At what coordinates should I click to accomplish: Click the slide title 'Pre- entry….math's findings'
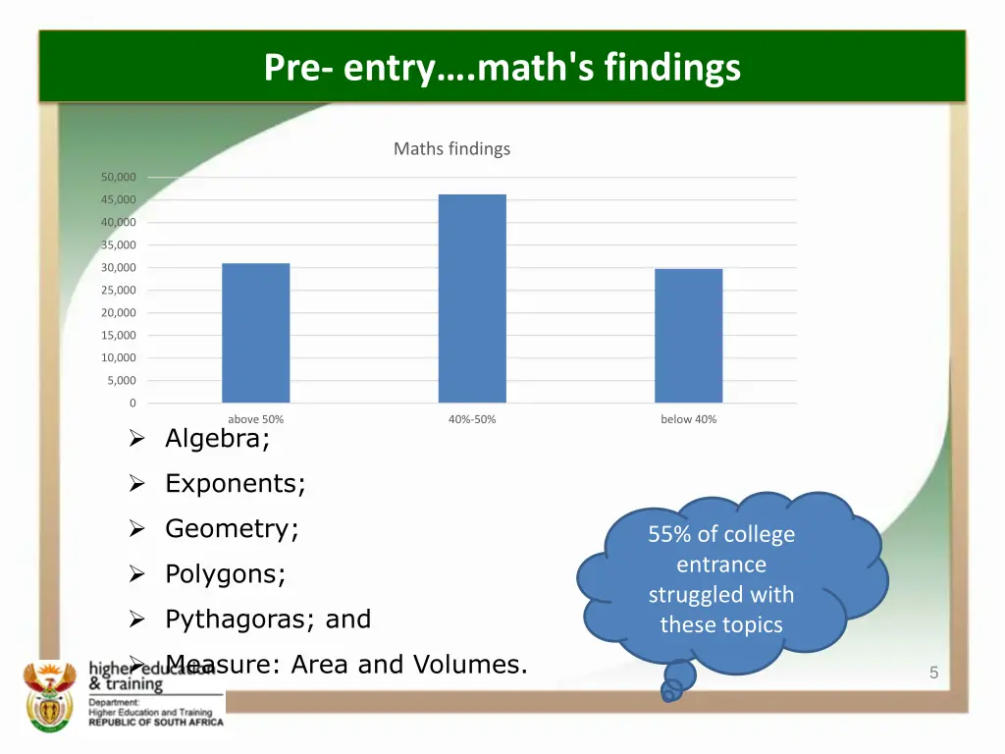(502, 68)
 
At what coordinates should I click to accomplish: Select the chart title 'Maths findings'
(451, 149)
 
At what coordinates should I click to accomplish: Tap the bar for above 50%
(256, 333)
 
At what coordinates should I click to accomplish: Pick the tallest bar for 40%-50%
(472, 298)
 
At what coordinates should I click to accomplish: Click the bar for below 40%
(688, 336)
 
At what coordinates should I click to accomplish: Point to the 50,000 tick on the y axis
(118, 177)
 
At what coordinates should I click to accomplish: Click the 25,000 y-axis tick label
(118, 290)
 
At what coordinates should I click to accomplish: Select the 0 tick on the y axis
(132, 403)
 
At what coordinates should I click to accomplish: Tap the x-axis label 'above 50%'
(256, 419)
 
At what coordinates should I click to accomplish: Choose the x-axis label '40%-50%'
(472, 419)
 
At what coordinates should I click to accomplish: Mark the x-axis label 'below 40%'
(688, 419)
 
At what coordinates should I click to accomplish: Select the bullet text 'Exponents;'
(236, 484)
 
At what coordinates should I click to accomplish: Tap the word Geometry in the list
(228, 529)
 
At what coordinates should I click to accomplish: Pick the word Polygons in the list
(222, 574)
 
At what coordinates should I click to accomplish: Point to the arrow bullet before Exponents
(137, 484)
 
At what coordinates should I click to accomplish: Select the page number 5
(933, 673)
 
